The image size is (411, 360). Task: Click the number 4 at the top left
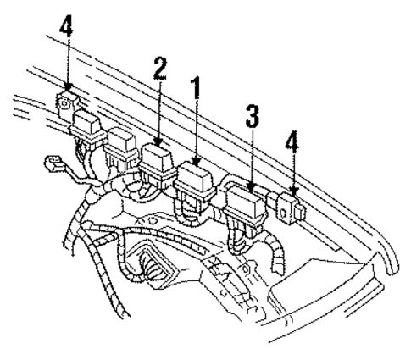[x=66, y=28]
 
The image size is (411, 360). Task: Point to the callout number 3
[x=252, y=118]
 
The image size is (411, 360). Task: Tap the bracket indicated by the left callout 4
[x=64, y=103]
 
